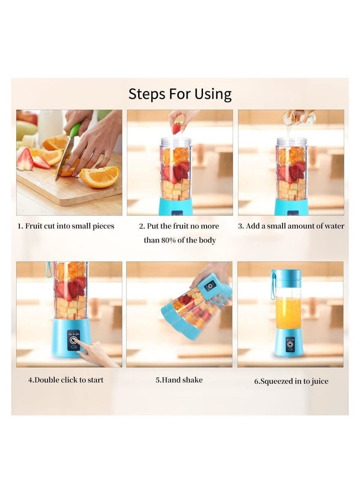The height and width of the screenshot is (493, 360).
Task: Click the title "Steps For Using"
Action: [x=180, y=94]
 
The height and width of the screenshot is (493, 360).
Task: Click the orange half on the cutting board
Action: [x=99, y=176]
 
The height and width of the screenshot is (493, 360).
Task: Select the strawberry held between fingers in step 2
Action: [x=177, y=127]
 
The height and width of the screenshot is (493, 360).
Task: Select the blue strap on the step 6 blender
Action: [x=273, y=285]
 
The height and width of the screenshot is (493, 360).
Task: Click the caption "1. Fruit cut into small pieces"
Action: [x=66, y=226]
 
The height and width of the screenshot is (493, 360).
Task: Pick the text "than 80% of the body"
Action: [x=180, y=240]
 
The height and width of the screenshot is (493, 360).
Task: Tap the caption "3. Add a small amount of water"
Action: [x=291, y=226]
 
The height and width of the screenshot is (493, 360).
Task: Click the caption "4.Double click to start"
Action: [x=66, y=380]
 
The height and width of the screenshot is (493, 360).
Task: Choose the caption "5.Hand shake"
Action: [x=179, y=380]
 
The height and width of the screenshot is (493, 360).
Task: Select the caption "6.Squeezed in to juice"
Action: [x=291, y=381]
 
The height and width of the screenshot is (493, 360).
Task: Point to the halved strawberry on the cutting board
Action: [x=26, y=160]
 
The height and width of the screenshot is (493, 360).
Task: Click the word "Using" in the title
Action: [x=213, y=94]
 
